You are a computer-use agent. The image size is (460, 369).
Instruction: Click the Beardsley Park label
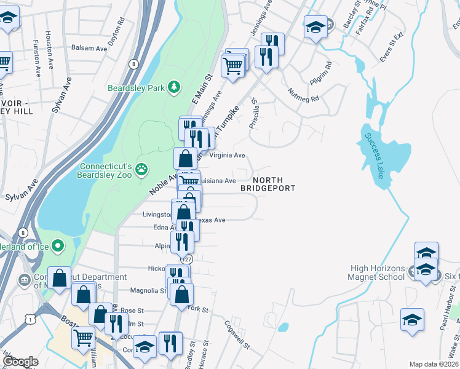coord(136,88)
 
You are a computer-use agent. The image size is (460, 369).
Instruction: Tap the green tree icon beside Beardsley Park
coord(175,87)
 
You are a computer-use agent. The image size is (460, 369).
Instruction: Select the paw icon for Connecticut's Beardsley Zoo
coord(141,168)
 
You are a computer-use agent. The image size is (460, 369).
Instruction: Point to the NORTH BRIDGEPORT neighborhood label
coord(268,183)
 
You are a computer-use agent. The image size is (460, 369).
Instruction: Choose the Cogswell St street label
coord(237,335)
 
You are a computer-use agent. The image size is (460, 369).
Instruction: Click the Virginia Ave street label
coord(228,156)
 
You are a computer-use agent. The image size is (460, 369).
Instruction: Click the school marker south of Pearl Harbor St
coord(412,320)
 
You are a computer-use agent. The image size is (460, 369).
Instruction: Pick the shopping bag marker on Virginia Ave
coord(185,159)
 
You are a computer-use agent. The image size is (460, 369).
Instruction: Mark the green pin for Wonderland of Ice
coord(58,247)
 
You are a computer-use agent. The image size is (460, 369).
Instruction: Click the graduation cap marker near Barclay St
coord(315,27)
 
